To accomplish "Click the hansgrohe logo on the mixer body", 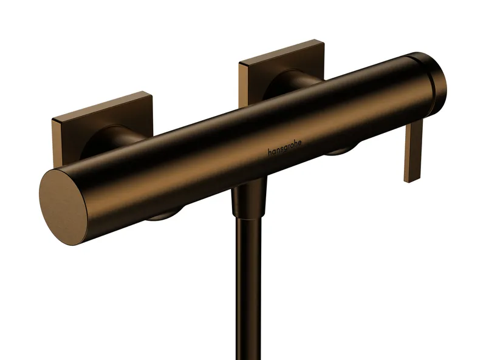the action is coord(284,148).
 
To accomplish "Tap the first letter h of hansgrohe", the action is coord(270,152).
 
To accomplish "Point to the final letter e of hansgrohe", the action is coord(299,143).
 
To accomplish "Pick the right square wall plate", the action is coord(281,71).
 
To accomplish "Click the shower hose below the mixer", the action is coord(248,288).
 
